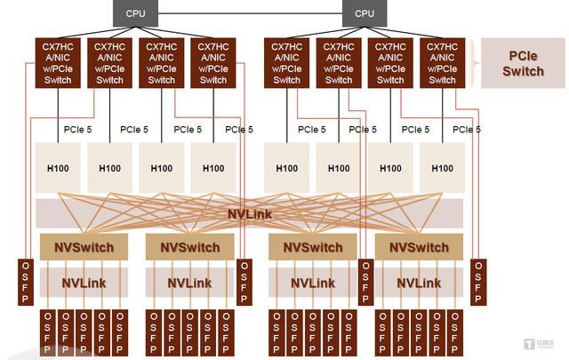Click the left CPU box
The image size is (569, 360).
click(136, 12)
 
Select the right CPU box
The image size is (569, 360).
click(365, 12)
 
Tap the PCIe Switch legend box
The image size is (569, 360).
click(523, 63)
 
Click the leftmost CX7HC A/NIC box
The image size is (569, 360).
click(59, 63)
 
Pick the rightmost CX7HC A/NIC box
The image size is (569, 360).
click(442, 63)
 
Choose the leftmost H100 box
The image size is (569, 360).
click(59, 168)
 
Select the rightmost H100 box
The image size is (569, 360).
click(442, 168)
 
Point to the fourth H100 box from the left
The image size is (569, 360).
click(213, 168)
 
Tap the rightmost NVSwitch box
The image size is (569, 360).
click(420, 247)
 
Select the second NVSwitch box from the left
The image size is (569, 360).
click(188, 247)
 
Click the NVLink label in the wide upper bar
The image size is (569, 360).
click(250, 213)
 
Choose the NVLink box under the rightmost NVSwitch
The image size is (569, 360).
click(420, 283)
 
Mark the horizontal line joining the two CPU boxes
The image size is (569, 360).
click(250, 12)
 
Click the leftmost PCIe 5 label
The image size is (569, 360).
click(78, 130)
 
